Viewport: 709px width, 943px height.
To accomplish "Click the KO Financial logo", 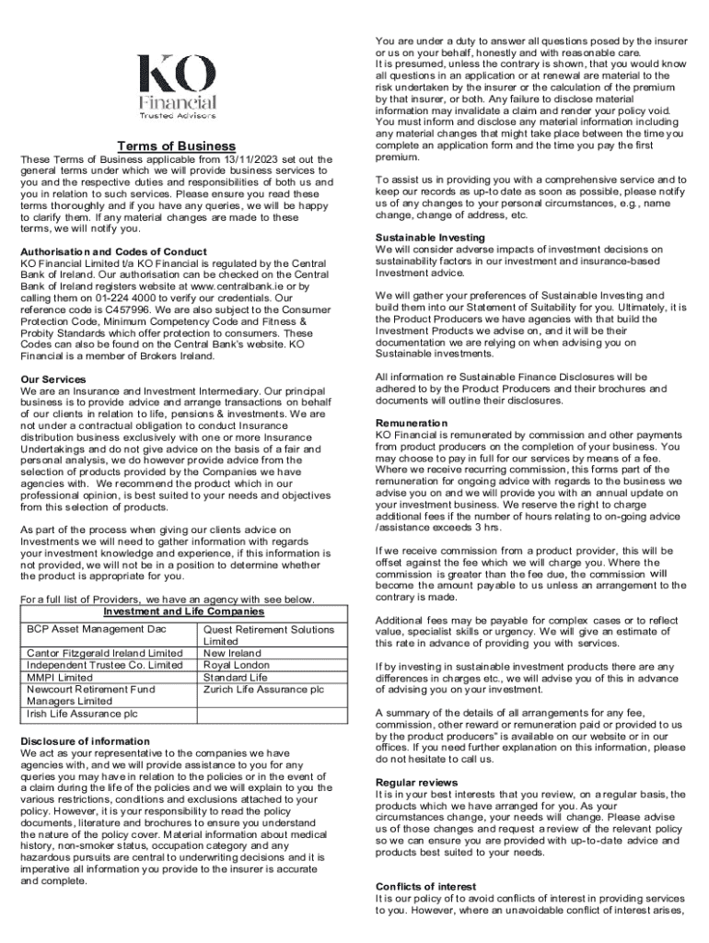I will coord(177,87).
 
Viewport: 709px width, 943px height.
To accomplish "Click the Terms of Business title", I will coord(176,146).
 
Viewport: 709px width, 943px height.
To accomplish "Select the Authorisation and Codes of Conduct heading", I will coord(113,251).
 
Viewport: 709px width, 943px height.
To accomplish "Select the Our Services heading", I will coord(52,378).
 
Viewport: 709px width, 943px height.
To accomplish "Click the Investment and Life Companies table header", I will coord(183,611).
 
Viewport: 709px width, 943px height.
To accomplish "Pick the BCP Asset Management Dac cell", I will coord(87,629).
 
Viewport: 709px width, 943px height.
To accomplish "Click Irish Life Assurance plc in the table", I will coord(82,713).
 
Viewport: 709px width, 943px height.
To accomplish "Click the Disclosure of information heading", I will coord(85,740).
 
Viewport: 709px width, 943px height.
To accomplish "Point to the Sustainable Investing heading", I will coord(430,238).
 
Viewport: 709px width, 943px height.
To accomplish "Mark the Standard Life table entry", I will coord(234,677).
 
